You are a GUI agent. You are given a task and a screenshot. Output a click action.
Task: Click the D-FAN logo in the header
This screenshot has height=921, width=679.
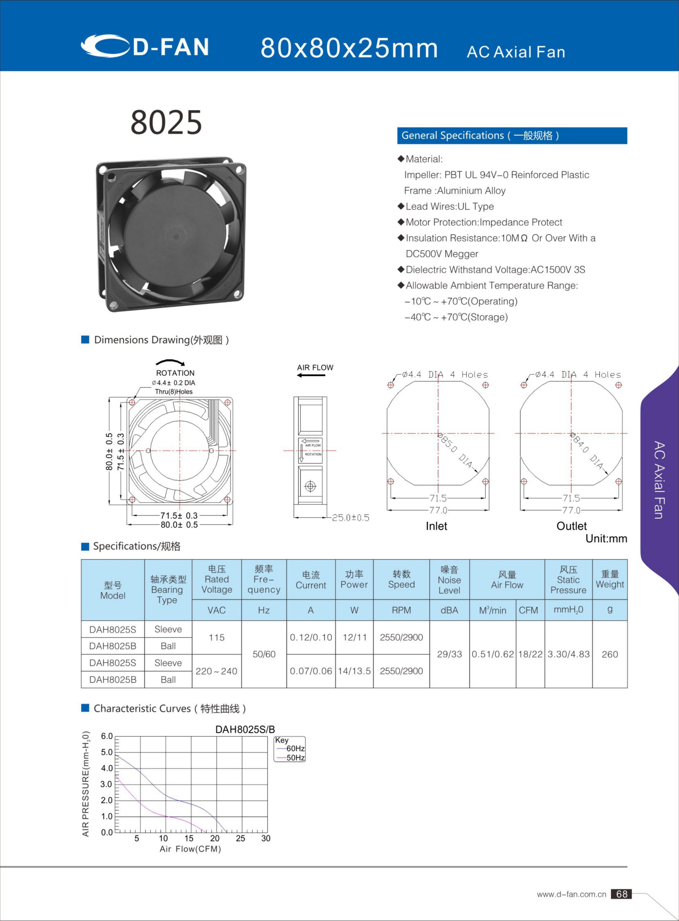[x=145, y=46]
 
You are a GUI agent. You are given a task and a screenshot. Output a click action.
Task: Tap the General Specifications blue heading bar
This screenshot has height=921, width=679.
[x=512, y=136]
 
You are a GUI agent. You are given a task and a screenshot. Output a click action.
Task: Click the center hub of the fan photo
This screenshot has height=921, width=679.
[x=175, y=236]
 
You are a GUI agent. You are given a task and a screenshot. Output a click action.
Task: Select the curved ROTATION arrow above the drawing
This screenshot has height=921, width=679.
[x=170, y=362]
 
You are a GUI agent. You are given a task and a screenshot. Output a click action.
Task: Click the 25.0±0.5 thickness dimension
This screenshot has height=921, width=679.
[x=350, y=518]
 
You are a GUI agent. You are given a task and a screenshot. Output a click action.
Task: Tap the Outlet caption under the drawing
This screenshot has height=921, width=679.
[x=571, y=526]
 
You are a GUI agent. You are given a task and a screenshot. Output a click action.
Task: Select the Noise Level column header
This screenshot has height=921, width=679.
[x=449, y=580]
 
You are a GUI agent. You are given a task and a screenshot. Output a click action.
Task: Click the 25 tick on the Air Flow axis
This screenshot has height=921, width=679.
[x=240, y=838]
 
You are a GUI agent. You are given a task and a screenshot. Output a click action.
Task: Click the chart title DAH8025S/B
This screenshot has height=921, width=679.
[x=245, y=729]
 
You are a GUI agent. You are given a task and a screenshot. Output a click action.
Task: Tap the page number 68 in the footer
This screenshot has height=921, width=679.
[x=621, y=894]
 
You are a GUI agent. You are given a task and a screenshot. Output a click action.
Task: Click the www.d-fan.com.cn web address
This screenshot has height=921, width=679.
[x=571, y=894]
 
